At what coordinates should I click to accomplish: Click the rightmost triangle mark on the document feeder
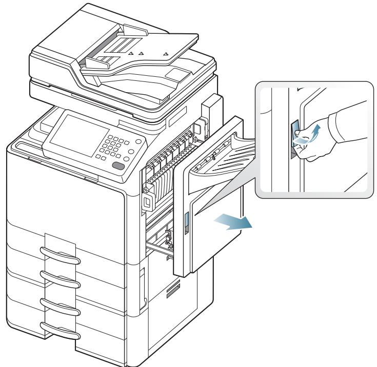[x=165, y=53]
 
